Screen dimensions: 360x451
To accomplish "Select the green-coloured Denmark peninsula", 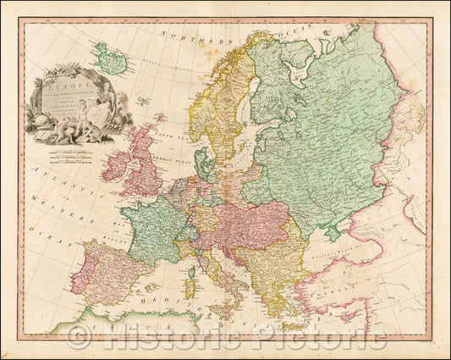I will point(202,160).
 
